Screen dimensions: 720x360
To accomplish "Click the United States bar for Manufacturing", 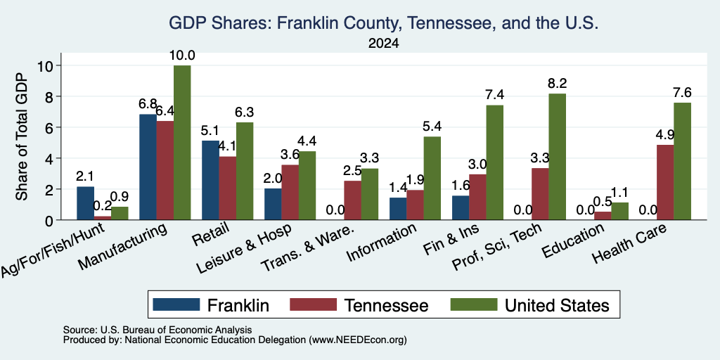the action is pos(182,143).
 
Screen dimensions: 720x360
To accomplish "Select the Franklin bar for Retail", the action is pos(210,181).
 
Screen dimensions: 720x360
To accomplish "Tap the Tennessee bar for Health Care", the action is pos(665,182).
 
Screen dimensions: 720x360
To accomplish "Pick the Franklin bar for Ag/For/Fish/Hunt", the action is pos(85,203).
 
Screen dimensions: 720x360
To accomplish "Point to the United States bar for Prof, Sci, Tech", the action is pos(558,157).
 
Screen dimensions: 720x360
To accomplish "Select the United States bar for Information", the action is pos(432,178).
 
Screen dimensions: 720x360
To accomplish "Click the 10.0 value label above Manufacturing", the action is pos(182,56).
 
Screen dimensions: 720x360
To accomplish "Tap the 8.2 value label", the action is pos(558,84).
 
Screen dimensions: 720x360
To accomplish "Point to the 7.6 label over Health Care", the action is pos(682,93).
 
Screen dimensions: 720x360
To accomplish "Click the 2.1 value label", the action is pos(85,176).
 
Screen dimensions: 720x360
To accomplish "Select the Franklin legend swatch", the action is pos(176,304).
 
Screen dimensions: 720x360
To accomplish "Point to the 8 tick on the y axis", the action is pos(51,96).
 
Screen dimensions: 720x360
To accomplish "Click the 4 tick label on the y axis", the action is pos(51,158).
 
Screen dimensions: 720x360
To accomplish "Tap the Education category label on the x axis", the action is pos(574,240).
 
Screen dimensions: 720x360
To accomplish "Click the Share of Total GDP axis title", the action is pos(22,136).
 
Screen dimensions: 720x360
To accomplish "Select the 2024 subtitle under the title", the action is pos(383,44).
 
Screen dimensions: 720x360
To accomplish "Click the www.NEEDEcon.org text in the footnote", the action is pos(358,340).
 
